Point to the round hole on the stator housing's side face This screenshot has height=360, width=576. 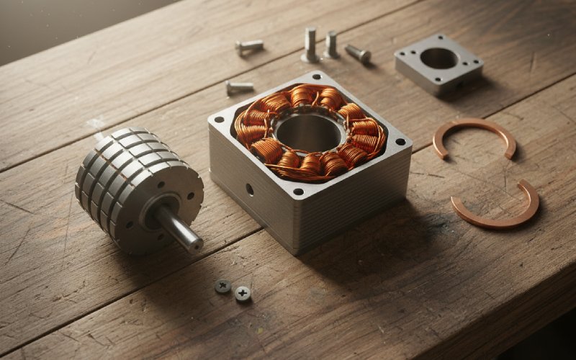pyautogui.click(x=249, y=189)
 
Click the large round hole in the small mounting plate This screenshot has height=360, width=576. pyautogui.click(x=438, y=58)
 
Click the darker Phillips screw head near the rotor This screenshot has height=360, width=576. pyautogui.click(x=223, y=286)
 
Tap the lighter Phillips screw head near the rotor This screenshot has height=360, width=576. pyautogui.click(x=243, y=292)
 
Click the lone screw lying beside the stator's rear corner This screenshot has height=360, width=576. pyautogui.click(x=239, y=87)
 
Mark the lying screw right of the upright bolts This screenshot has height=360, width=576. pyautogui.click(x=357, y=53)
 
